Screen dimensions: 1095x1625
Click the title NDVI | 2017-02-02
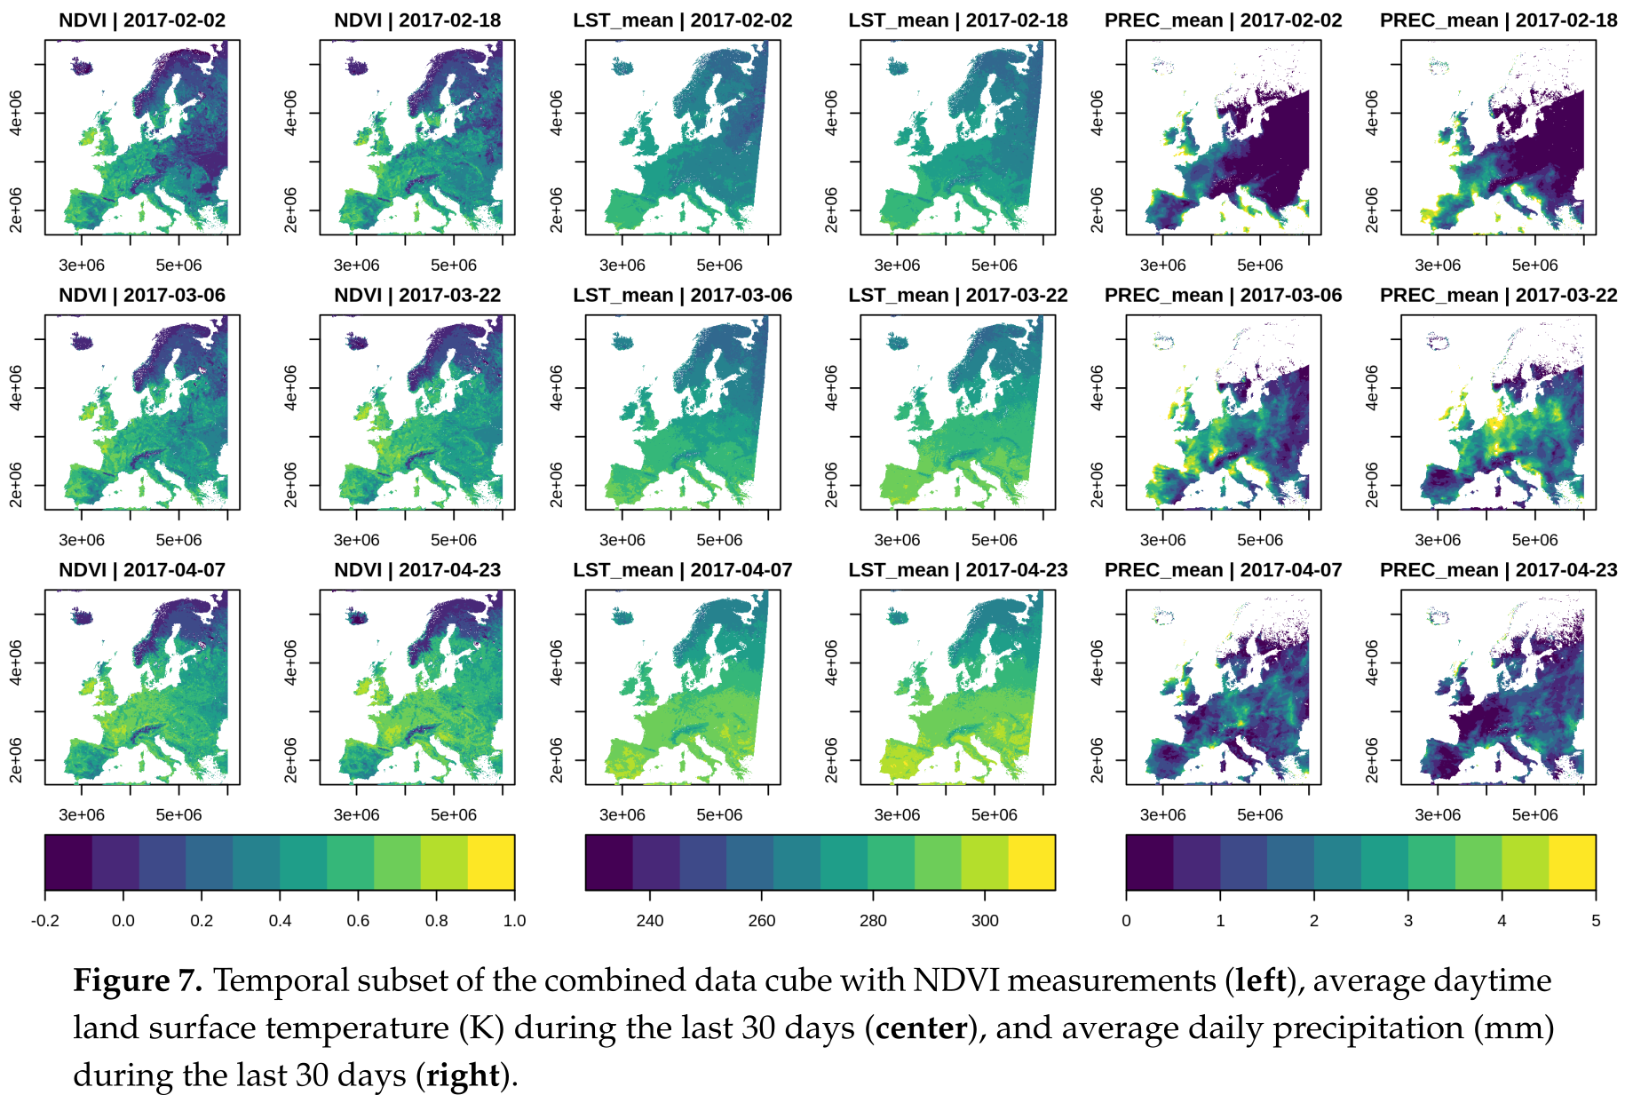(x=142, y=20)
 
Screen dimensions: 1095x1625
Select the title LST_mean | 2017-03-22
(x=957, y=295)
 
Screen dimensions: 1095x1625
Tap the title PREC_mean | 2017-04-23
(x=1498, y=570)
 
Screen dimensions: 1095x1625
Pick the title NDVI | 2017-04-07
(x=142, y=570)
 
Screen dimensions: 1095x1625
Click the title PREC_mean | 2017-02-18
(x=1498, y=20)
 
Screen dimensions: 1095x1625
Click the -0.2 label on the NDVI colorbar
(x=45, y=920)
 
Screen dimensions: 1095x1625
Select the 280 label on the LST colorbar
(x=873, y=920)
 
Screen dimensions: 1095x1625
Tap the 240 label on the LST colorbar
(x=650, y=920)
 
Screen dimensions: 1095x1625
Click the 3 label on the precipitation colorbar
(x=1407, y=920)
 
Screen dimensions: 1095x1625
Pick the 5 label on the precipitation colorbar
(x=1595, y=920)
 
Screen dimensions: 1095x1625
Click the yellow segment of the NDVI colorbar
(x=491, y=861)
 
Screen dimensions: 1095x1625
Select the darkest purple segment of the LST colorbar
(x=608, y=861)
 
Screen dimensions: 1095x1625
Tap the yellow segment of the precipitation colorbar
(x=1572, y=861)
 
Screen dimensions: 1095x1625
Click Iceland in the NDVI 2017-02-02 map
(x=82, y=67)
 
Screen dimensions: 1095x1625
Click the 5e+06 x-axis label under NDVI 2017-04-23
(x=453, y=814)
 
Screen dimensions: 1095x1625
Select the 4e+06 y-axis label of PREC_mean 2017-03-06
(x=1097, y=387)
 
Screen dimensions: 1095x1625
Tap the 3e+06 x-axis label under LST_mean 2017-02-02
(x=622, y=265)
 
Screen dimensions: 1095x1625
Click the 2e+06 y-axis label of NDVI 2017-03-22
(x=290, y=485)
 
